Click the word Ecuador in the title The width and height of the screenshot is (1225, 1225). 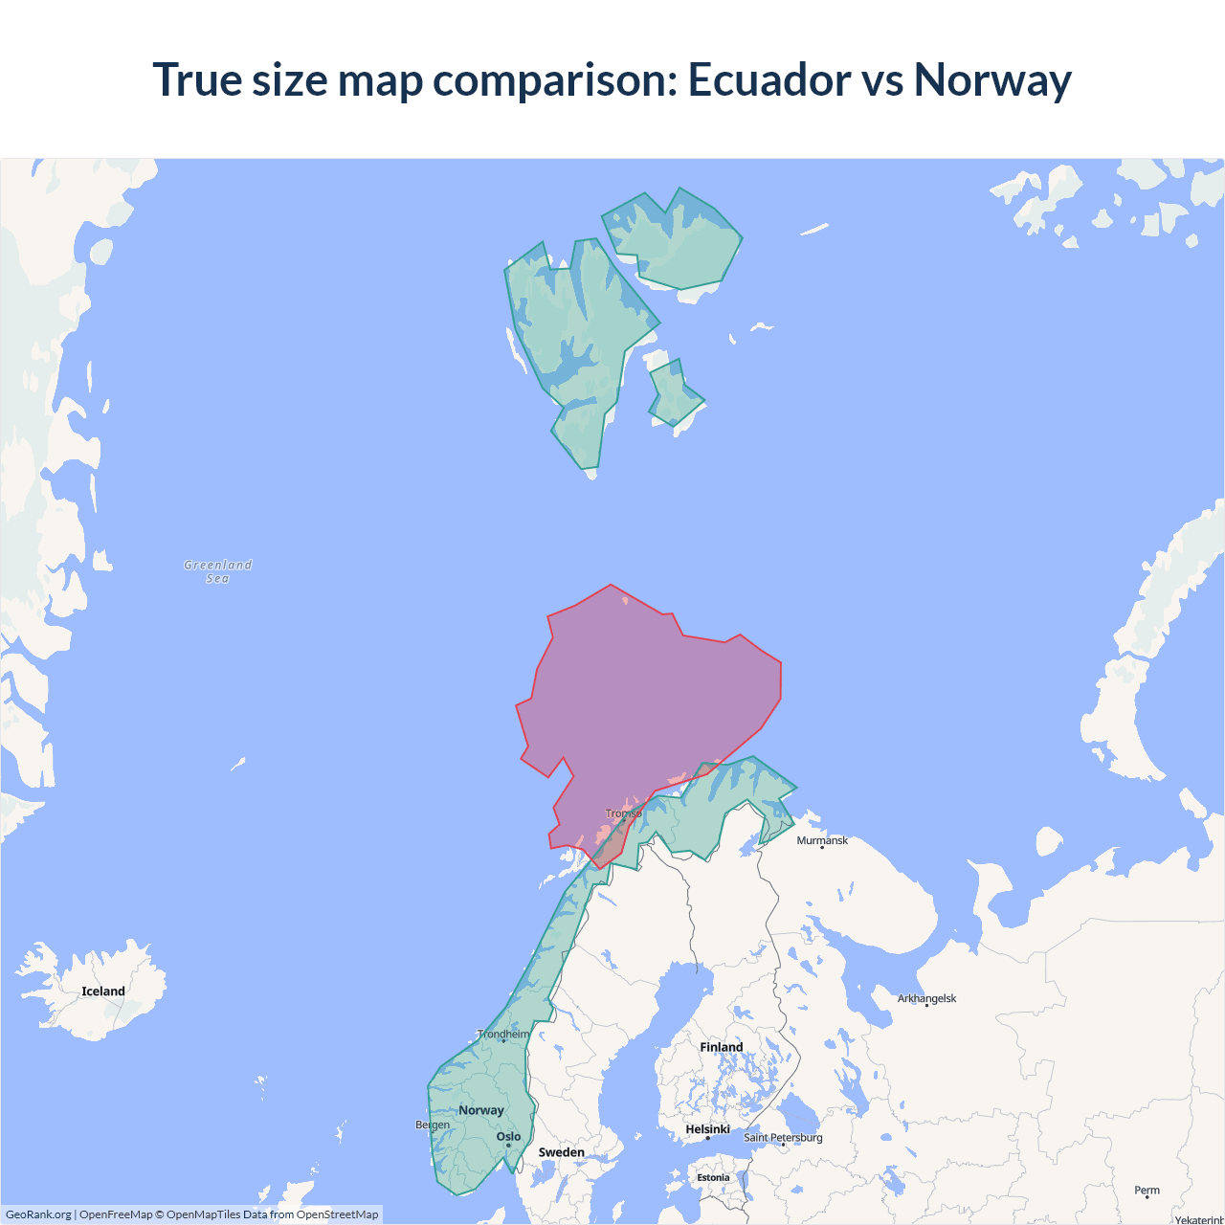point(768,79)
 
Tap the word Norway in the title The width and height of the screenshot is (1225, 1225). point(992,79)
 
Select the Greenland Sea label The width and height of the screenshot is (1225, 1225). point(218,571)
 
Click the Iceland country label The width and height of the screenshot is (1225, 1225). point(103,991)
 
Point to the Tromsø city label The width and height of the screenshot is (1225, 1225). point(624,813)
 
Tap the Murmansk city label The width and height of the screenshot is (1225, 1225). point(822,840)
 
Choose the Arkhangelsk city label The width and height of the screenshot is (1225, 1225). point(926,998)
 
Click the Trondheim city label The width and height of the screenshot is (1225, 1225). point(503,1034)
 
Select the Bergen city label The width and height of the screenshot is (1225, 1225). point(433,1125)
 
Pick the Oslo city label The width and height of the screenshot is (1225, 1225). point(509,1137)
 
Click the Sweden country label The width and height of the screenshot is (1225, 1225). point(561,1152)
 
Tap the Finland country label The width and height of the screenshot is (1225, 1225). point(722,1047)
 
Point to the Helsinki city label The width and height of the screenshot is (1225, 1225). point(708,1129)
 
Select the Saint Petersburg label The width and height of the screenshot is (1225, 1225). point(783,1137)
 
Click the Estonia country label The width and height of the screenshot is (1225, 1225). point(713,1178)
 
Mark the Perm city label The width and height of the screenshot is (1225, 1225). point(1147,1191)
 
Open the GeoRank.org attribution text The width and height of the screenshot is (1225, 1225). point(38,1214)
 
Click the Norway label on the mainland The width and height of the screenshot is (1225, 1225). point(481,1110)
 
